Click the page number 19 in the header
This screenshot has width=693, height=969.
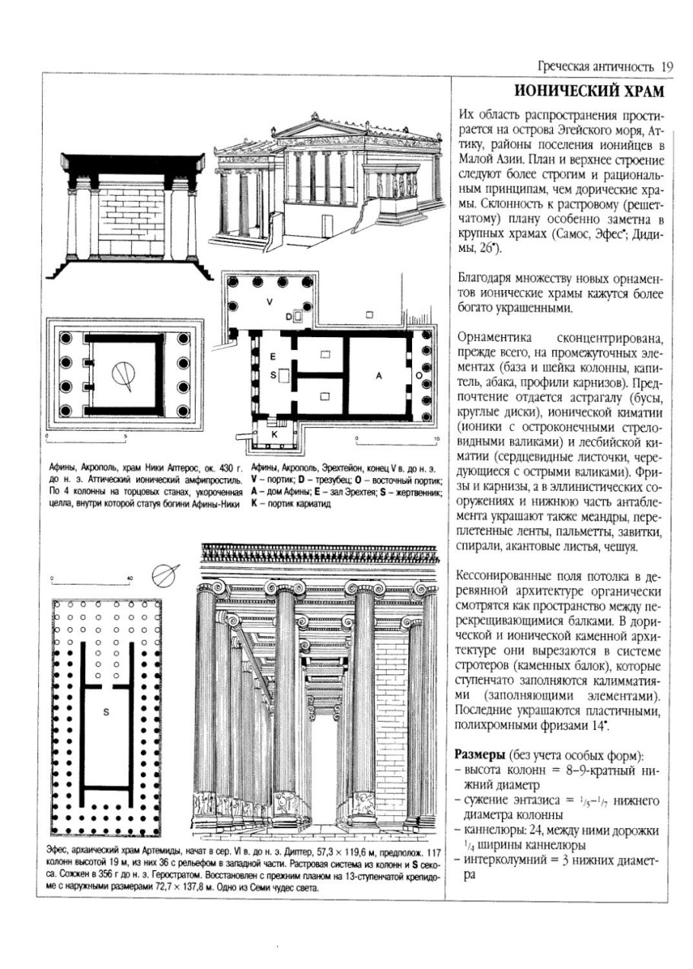click(667, 66)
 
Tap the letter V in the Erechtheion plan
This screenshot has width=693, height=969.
click(269, 301)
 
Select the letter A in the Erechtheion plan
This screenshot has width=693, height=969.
click(378, 375)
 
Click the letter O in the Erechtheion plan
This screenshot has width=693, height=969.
click(417, 375)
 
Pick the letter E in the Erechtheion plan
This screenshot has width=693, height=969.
click(272, 356)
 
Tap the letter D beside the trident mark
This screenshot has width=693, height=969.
click(289, 316)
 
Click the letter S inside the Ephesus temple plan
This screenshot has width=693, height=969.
click(107, 711)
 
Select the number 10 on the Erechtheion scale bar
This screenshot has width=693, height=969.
click(436, 441)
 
